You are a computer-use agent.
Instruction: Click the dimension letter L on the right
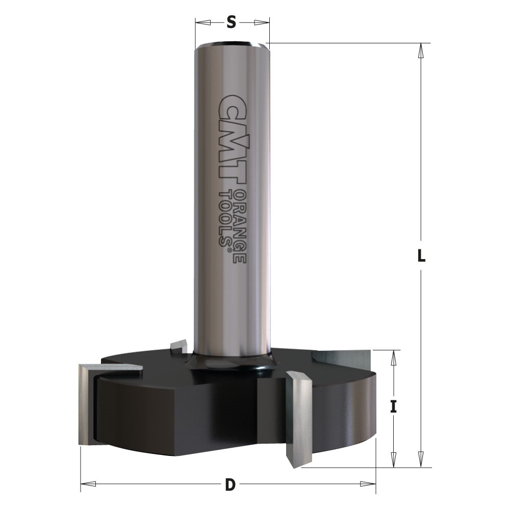click(421, 256)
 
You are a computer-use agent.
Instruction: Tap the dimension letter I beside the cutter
click(394, 406)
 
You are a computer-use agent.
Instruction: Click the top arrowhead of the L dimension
click(421, 50)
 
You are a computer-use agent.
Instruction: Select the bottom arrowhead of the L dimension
click(421, 460)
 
